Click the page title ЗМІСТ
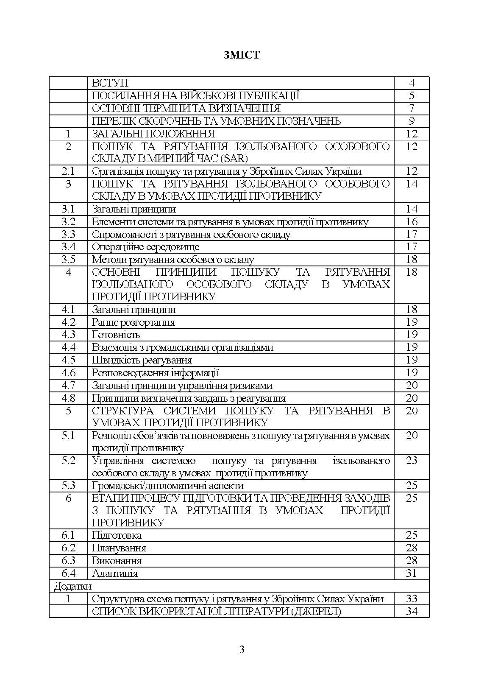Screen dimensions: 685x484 (242, 55)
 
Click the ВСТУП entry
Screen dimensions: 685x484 (110, 83)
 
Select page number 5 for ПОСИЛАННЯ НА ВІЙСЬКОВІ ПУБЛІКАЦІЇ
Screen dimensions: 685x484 (412, 96)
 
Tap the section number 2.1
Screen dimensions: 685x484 (68, 171)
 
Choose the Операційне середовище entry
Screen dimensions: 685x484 (145, 247)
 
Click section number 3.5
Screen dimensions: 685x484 (68, 260)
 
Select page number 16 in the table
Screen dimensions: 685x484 (412, 222)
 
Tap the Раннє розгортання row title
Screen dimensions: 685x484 (134, 322)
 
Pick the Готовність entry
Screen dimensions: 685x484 (116, 335)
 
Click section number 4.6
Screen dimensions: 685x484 (68, 373)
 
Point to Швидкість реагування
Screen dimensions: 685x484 (142, 360)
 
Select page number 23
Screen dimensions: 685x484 (412, 461)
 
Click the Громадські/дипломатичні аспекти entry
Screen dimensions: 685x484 (168, 486)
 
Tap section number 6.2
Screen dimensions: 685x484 (68, 548)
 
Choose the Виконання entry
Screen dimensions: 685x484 (117, 561)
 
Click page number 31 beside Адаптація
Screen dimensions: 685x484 (412, 573)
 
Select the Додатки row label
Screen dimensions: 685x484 (73, 586)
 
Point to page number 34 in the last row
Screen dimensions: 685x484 (412, 611)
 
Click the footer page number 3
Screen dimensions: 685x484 (242, 649)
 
